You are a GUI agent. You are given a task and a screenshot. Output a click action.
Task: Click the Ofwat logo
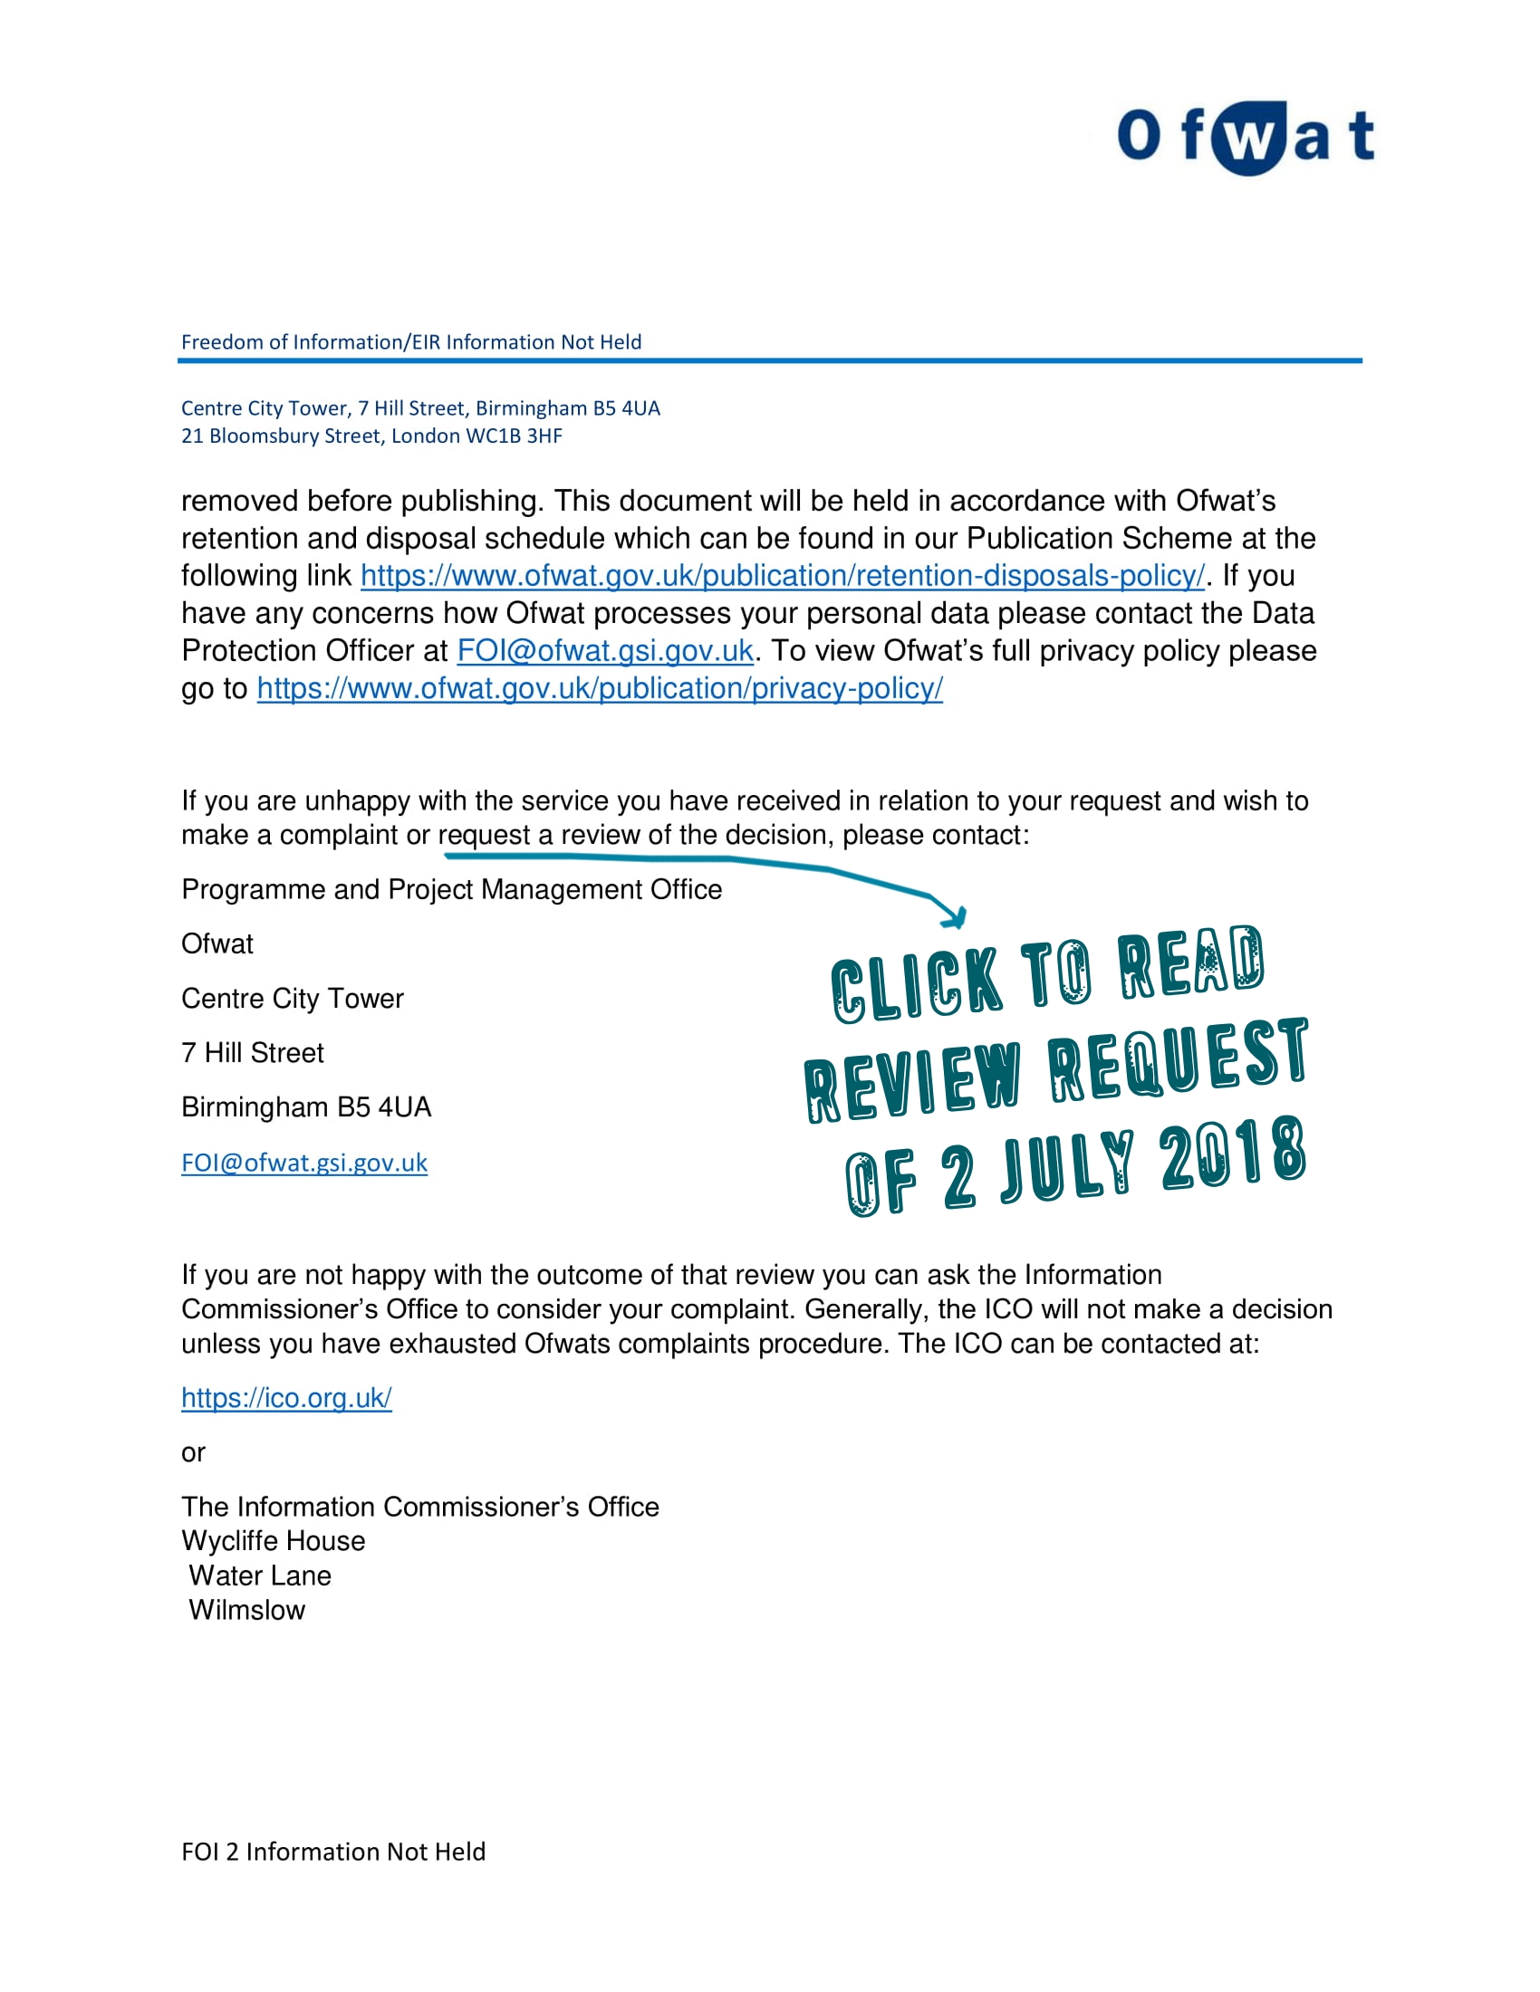click(x=1245, y=137)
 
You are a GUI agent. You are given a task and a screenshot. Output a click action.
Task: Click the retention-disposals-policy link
click(x=782, y=577)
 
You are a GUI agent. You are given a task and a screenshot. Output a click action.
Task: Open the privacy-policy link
click(x=600, y=689)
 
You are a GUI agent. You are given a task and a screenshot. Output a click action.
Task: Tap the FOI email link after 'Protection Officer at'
click(x=605, y=651)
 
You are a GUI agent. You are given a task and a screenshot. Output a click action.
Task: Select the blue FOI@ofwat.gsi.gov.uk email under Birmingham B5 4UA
click(x=303, y=1163)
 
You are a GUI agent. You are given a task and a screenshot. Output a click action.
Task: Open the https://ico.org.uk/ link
click(x=286, y=1398)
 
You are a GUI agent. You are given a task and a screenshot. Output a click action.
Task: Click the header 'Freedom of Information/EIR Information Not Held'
click(x=410, y=342)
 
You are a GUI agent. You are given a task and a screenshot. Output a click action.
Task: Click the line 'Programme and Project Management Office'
click(x=452, y=889)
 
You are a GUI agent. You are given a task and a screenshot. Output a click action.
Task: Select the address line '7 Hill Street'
click(x=253, y=1053)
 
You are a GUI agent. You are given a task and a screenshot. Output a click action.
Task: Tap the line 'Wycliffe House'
click(x=273, y=1541)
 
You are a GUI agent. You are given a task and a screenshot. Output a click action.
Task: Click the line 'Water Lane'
click(x=260, y=1576)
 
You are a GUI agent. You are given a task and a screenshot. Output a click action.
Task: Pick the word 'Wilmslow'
click(x=247, y=1611)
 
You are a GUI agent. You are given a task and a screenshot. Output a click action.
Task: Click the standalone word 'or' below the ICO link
click(x=194, y=1453)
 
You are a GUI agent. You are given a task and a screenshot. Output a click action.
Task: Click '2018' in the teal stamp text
click(x=1234, y=1156)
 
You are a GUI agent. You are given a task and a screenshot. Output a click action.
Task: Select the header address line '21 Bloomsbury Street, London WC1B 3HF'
click(x=371, y=436)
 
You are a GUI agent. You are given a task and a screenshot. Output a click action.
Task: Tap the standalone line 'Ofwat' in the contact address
click(x=217, y=944)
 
